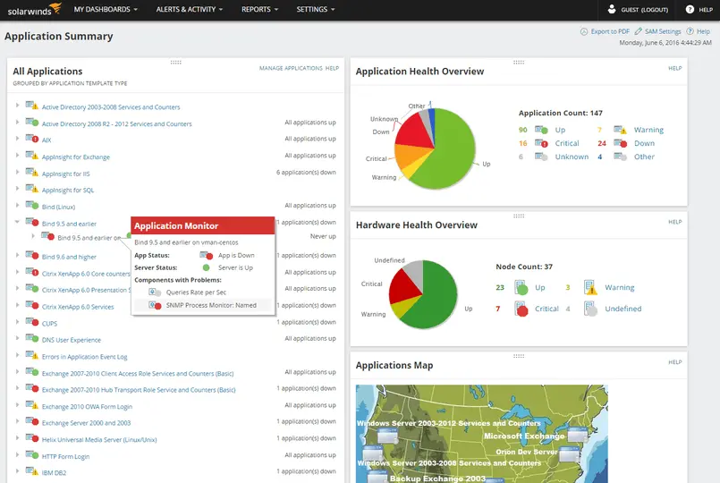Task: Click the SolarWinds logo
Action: point(31,9)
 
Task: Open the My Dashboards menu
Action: point(105,9)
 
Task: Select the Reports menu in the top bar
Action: point(259,9)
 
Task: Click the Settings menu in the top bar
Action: point(315,9)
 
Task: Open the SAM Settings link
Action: point(662,31)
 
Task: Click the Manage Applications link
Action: point(291,68)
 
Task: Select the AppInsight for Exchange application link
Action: point(75,157)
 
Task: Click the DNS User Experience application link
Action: point(71,340)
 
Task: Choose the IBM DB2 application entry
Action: point(55,472)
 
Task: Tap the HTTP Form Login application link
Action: point(65,456)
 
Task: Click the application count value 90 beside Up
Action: point(522,130)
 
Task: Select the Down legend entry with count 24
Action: point(644,143)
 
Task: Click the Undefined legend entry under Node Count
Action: point(623,309)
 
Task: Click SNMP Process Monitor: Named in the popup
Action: point(210,305)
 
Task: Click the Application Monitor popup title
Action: point(176,225)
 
